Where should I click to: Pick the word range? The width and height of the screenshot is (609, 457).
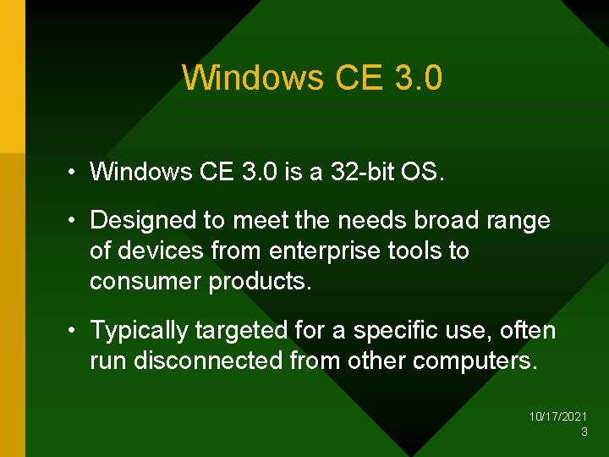[x=519, y=221]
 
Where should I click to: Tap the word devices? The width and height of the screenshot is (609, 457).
[x=162, y=251]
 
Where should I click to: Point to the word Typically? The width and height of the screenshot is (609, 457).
[x=139, y=331]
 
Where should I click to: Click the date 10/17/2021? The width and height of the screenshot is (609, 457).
[x=558, y=417]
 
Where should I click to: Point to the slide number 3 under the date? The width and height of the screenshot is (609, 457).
[x=584, y=432]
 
